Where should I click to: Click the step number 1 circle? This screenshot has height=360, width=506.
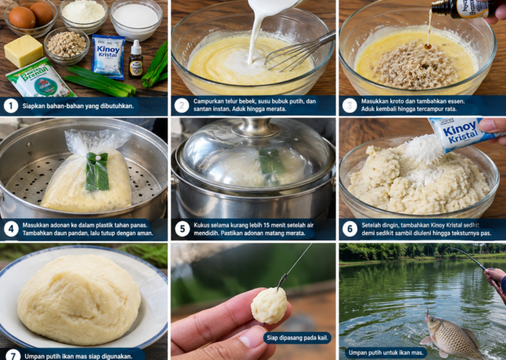pos(11,106)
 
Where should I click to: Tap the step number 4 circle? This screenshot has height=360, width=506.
pos(11,229)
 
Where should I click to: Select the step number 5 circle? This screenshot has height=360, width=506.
pos(182,229)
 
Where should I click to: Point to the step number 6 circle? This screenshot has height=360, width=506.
pos(350,229)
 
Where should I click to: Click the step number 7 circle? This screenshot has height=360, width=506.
pos(12,355)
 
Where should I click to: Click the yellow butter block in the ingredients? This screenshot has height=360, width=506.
pos(23,51)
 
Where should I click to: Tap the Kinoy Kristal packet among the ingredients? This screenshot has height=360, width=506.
pos(108,57)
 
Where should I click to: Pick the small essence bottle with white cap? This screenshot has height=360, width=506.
pos(136,59)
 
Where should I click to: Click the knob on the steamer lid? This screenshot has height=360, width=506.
pos(255,126)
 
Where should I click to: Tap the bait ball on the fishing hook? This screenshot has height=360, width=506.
pos(269,305)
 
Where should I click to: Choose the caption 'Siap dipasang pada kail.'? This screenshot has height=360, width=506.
pos(297,338)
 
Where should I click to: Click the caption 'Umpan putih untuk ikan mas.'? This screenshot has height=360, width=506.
pos(386,352)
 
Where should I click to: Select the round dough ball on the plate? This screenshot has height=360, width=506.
pos(79,299)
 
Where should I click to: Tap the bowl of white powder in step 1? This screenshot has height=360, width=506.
pos(84,15)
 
